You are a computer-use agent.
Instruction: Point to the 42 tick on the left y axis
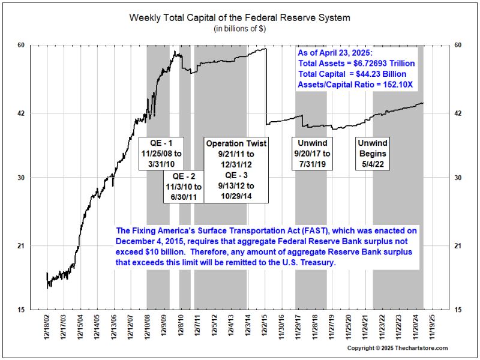coord(29,113)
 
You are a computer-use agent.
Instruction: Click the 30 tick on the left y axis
coord(29,178)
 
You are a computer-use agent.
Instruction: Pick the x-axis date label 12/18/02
coord(47,328)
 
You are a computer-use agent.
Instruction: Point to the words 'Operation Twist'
coord(236,144)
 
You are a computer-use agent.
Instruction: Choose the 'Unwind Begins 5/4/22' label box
coord(373,154)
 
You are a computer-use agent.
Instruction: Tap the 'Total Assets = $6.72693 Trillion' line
coord(356,63)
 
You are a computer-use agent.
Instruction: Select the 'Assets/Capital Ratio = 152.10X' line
coord(355,85)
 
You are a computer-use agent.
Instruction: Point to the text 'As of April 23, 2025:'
coord(336,52)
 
